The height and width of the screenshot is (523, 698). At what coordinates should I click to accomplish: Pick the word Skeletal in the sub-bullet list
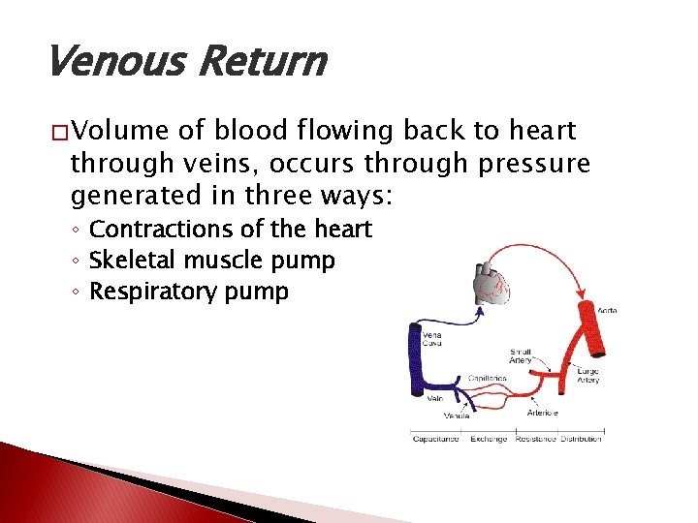tap(128, 261)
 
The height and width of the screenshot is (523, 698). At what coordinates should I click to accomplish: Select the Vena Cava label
tap(433, 339)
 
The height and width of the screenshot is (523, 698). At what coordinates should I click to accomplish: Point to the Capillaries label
tap(488, 379)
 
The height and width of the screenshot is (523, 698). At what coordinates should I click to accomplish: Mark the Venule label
tap(457, 415)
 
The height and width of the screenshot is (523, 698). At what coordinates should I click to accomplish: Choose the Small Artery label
tap(521, 356)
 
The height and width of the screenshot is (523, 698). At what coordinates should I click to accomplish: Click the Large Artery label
tap(587, 375)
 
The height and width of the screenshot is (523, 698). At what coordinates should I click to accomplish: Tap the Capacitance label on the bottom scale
tap(436, 439)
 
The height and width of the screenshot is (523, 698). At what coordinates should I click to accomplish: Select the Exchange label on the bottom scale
tap(489, 439)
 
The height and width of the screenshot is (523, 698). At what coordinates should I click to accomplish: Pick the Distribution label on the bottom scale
tap(581, 439)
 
